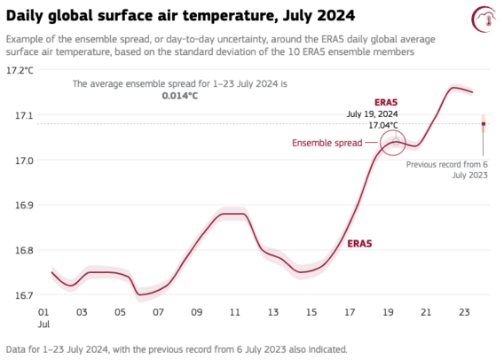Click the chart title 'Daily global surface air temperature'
click(x=140, y=16)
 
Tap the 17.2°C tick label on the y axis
click(x=20, y=70)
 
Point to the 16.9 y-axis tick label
click(x=25, y=205)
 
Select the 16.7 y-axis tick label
click(x=25, y=295)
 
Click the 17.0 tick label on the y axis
click(x=25, y=160)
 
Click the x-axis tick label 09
click(x=197, y=312)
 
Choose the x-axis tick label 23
click(x=464, y=312)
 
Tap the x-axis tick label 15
click(x=311, y=312)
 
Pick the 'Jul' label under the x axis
click(x=43, y=324)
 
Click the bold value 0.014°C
click(x=180, y=96)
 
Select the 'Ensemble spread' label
click(x=327, y=143)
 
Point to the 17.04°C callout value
click(x=382, y=125)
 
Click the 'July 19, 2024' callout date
click(x=372, y=114)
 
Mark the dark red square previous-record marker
click(x=484, y=124)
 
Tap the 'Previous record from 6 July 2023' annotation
click(x=447, y=170)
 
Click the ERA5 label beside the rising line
click(x=359, y=244)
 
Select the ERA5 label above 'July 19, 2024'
click(x=386, y=103)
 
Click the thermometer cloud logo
click(x=484, y=19)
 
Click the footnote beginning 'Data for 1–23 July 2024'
click(x=177, y=349)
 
